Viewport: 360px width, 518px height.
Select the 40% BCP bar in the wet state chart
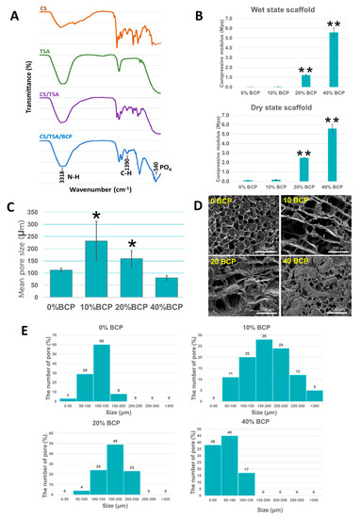point(334,59)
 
